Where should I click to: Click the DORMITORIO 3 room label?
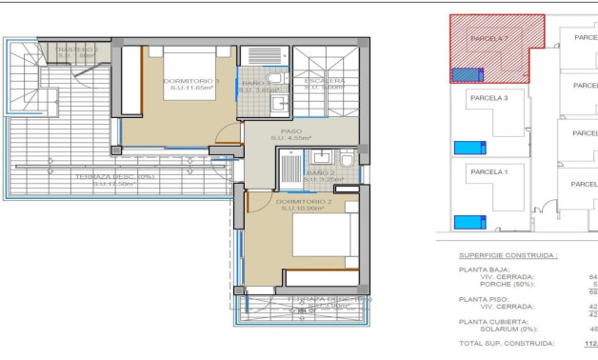pos(190,81)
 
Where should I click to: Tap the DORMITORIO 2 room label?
pos(304,202)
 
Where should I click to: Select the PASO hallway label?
pos(291,131)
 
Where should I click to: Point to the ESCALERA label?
pos(325,81)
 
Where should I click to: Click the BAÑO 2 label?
pos(320,173)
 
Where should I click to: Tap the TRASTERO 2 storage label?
pos(76,50)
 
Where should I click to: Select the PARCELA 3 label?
pos(490,98)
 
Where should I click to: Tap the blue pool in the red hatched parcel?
pos(466,74)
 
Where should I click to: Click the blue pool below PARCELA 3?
pos(469,147)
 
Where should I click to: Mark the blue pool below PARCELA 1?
pos(469,222)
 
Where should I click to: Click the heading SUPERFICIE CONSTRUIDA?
pos(508,256)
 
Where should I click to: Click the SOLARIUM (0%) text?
pos(508,329)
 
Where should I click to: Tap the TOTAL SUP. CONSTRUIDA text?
pos(506,343)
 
